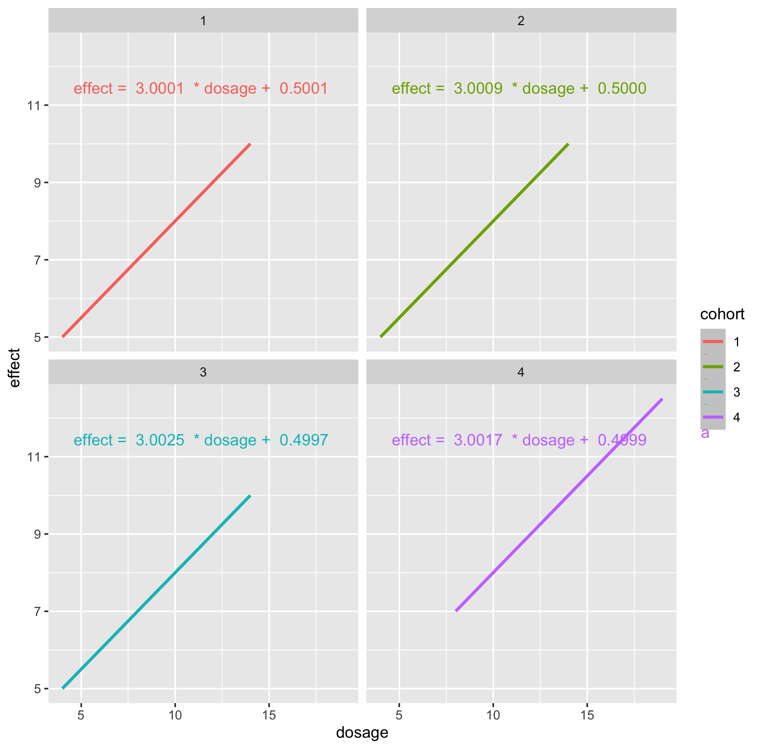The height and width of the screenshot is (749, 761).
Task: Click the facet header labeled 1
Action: pyautogui.click(x=203, y=20)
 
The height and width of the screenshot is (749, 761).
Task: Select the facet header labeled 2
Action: pyautogui.click(x=521, y=20)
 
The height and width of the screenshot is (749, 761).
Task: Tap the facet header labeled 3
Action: pyautogui.click(x=203, y=372)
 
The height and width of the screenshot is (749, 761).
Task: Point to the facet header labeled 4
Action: pyautogui.click(x=521, y=372)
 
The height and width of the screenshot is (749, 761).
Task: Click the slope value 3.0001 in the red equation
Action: pyautogui.click(x=160, y=89)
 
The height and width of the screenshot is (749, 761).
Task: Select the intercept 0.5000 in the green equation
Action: pyautogui.click(x=622, y=89)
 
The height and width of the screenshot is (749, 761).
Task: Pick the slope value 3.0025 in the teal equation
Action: pyautogui.click(x=160, y=440)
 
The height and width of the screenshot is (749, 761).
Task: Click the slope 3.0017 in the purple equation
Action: pyautogui.click(x=478, y=440)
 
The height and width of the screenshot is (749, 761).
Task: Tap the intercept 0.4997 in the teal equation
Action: pyautogui.click(x=304, y=440)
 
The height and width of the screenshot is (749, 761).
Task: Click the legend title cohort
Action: pyautogui.click(x=722, y=314)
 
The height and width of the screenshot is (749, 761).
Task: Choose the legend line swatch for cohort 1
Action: pyautogui.click(x=713, y=342)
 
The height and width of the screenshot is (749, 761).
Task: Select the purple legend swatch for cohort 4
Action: pyautogui.click(x=713, y=417)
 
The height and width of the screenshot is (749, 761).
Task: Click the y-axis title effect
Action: pyautogui.click(x=15, y=368)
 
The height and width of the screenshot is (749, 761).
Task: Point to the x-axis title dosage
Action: pyautogui.click(x=362, y=733)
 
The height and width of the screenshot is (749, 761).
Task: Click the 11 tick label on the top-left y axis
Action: pyautogui.click(x=34, y=105)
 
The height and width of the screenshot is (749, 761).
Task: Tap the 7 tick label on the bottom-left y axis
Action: pyautogui.click(x=38, y=612)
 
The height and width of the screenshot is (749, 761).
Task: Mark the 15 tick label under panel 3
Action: pyautogui.click(x=269, y=715)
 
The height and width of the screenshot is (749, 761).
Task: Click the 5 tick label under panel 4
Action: pyautogui.click(x=399, y=715)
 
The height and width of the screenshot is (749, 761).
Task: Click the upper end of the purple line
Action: pyautogui.click(x=662, y=400)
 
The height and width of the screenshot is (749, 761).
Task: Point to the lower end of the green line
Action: pyautogui.click(x=381, y=336)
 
